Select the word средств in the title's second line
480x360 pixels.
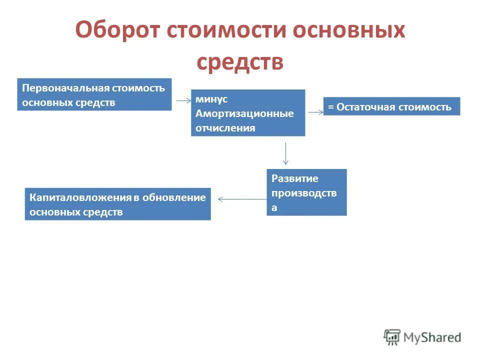pos(240,62)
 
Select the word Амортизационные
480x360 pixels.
pos(244,113)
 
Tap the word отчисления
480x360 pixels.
pos(225,127)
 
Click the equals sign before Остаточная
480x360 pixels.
pos(330,107)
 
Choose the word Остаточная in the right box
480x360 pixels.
pos(365,107)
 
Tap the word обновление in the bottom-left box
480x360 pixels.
pos(174,197)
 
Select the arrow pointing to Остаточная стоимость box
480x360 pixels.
pos(315,112)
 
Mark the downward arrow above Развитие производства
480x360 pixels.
pos(285,153)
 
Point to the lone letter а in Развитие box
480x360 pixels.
pos(274,208)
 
